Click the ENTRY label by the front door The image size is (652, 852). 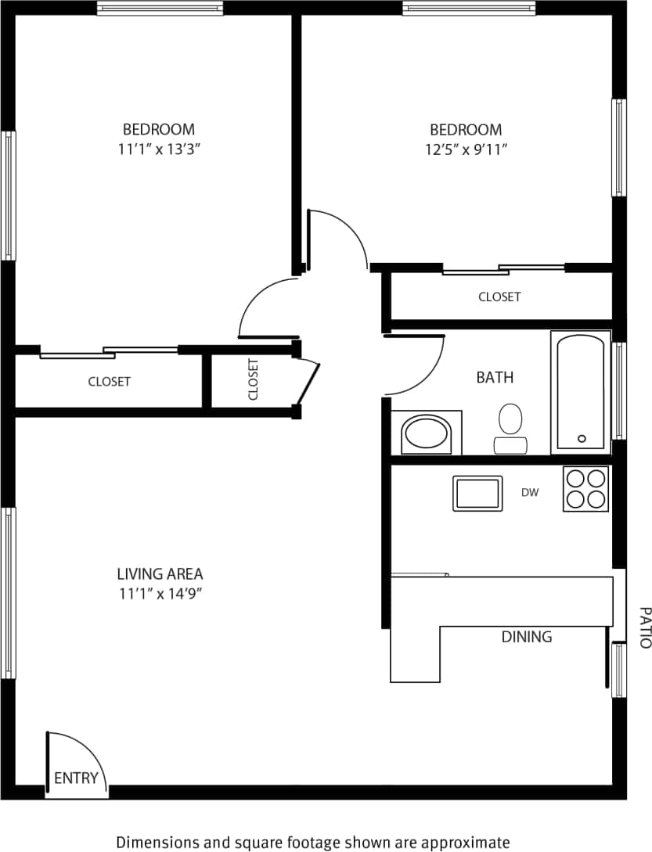[x=77, y=778]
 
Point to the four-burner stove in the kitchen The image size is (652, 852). [x=585, y=489]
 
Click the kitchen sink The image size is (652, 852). [x=477, y=493]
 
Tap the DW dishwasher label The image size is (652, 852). [x=530, y=492]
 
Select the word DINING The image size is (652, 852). [x=526, y=637]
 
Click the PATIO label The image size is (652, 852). [x=644, y=627]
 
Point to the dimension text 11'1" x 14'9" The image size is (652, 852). [x=160, y=594]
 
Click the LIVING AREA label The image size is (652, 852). [x=160, y=574]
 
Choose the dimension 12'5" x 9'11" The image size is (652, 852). [x=466, y=149]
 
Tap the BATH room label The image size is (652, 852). [x=495, y=378]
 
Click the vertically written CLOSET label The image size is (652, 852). [x=253, y=379]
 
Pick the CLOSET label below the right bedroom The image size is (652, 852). [x=499, y=297]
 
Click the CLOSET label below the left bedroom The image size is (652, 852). [x=109, y=382]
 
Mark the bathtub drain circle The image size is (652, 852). [x=582, y=439]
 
